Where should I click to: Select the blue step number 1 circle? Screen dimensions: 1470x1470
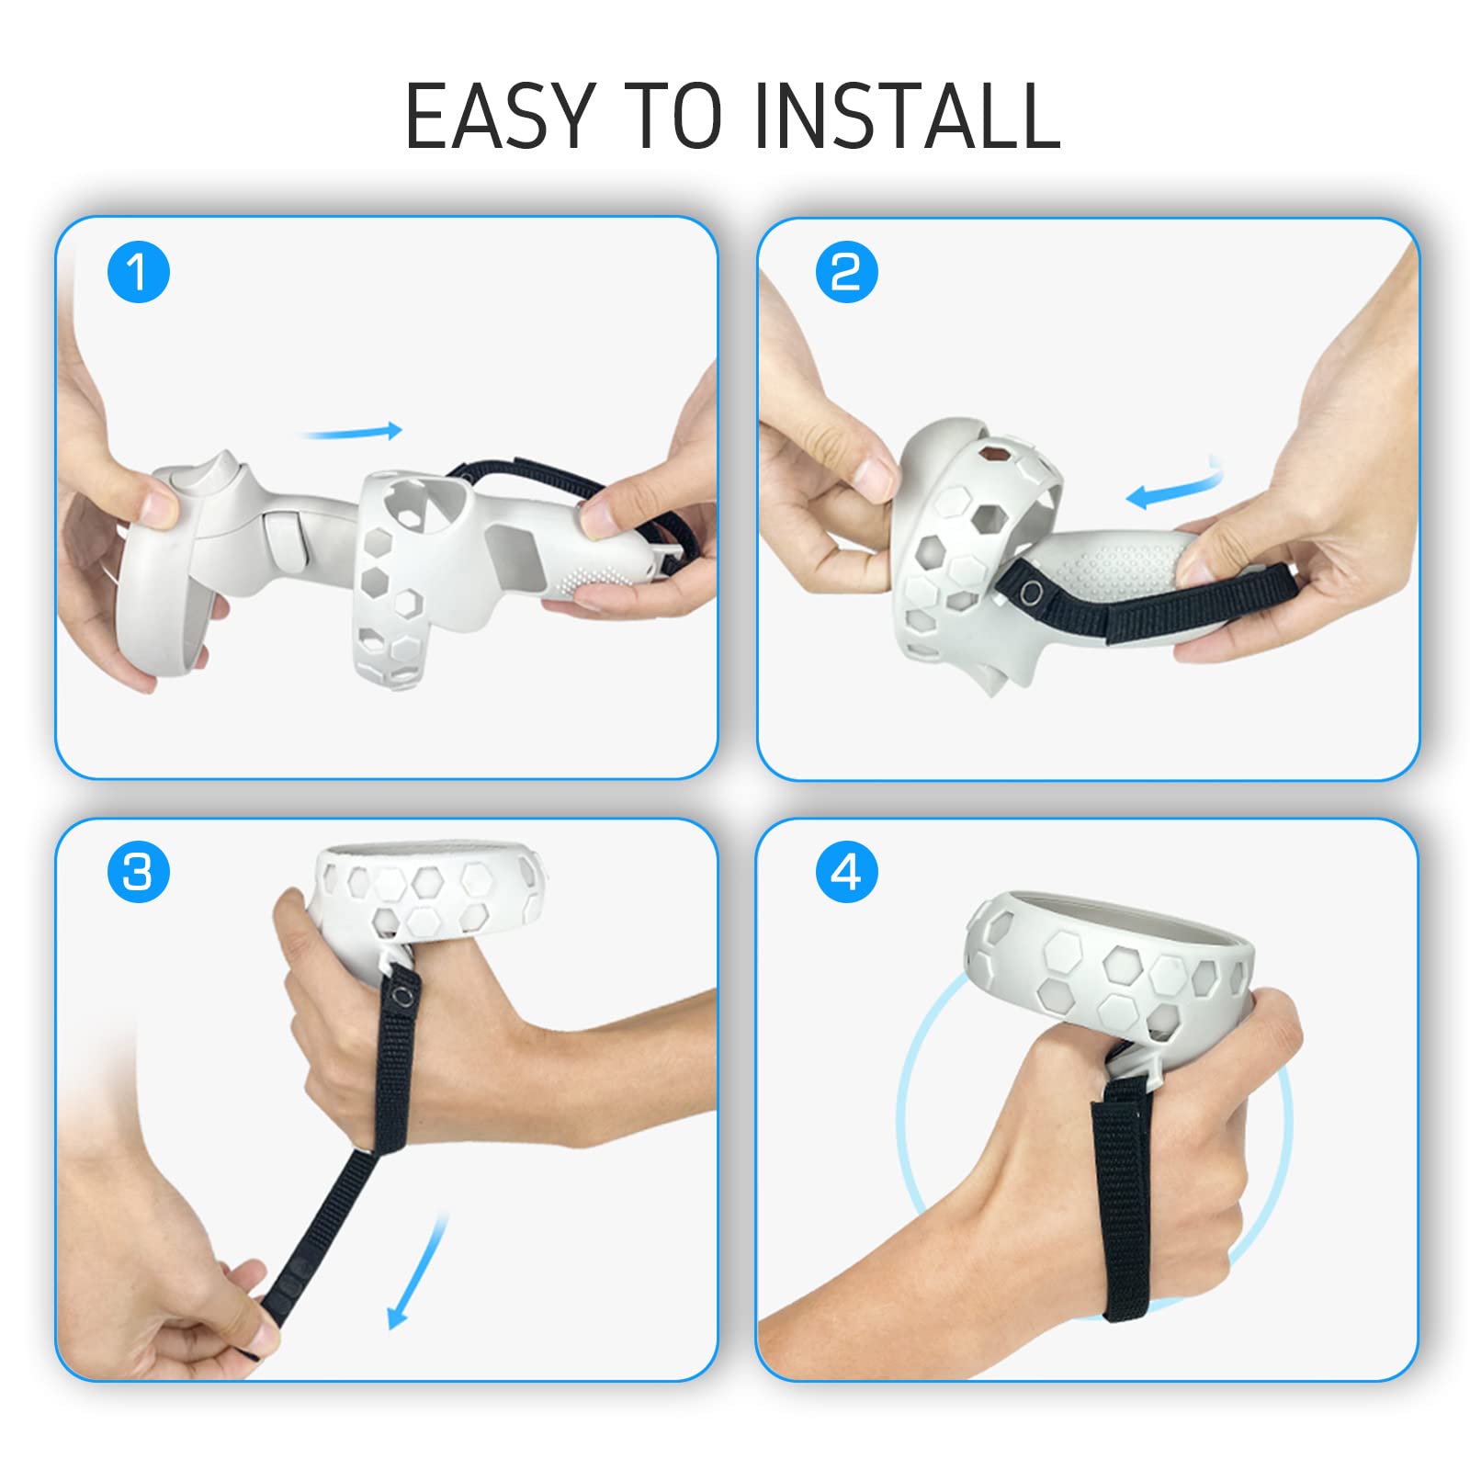click(139, 272)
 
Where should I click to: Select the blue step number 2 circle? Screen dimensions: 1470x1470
click(847, 272)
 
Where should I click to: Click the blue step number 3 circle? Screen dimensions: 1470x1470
click(139, 871)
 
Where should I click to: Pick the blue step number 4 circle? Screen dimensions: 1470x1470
click(847, 871)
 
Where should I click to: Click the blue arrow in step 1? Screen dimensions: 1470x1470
click(353, 430)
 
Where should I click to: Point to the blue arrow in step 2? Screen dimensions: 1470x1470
click(1176, 487)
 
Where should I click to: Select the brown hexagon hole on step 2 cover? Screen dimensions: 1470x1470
click(992, 452)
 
